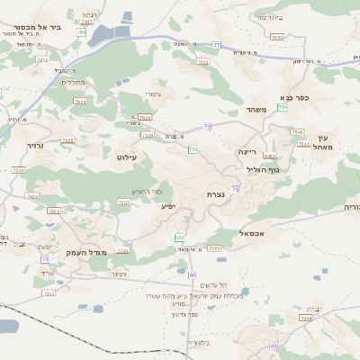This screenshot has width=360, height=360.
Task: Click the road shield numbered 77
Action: point(217,44)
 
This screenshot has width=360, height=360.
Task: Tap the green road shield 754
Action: point(283,107)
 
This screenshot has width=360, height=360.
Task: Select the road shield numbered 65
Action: point(273,346)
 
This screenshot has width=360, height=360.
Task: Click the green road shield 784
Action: point(82,32)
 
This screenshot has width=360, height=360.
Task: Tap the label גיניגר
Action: point(117,274)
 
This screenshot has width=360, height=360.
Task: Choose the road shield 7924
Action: point(80,102)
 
